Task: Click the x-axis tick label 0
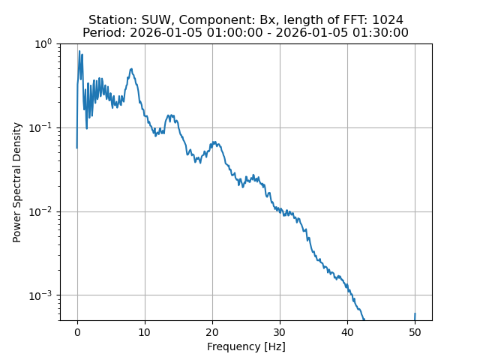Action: pos(76,332)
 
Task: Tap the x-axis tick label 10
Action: pos(145,332)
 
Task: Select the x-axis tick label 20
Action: pos(212,332)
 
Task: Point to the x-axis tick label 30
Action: pos(280,332)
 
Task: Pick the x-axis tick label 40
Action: pos(347,332)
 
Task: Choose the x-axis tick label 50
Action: pos(415,332)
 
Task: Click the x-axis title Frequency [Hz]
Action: pos(246,346)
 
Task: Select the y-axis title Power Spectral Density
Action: pos(17,182)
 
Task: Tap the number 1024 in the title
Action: pos(388,20)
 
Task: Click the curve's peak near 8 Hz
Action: pos(131,70)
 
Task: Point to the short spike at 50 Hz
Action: pos(415,316)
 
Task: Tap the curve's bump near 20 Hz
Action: pos(214,142)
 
